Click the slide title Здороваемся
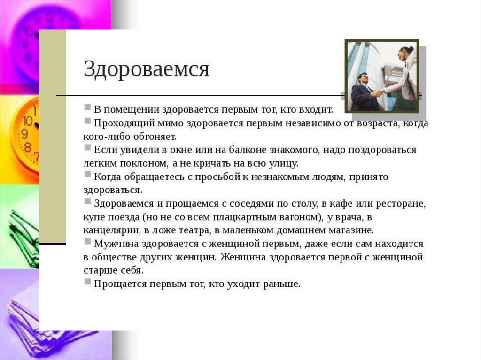(x=147, y=69)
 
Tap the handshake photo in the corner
(x=382, y=76)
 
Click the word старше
(x=98, y=271)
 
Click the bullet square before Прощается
(x=87, y=282)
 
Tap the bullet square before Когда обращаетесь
(x=87, y=175)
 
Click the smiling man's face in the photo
(x=363, y=79)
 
